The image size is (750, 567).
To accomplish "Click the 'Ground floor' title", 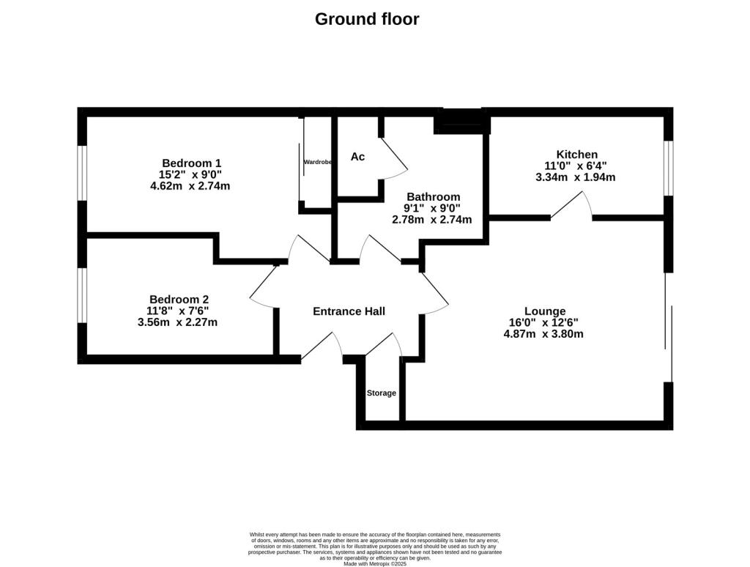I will click(x=367, y=19).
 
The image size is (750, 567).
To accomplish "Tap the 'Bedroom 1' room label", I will click(x=191, y=163).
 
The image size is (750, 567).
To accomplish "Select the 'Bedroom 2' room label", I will click(x=179, y=299).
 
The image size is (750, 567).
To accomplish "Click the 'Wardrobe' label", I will click(x=318, y=162).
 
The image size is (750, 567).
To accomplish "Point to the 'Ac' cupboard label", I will click(x=357, y=157).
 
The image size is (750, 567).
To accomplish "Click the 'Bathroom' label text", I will click(x=433, y=196).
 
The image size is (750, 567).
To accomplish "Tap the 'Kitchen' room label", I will click(x=576, y=154).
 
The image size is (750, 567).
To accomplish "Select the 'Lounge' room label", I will click(x=544, y=311).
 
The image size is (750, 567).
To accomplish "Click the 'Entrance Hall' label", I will click(x=349, y=311).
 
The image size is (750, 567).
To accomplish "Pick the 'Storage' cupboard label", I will click(x=381, y=393).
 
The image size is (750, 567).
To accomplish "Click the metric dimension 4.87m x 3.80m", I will click(x=543, y=334).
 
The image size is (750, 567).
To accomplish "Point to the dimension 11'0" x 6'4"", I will click(x=576, y=166).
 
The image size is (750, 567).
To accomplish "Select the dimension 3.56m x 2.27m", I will click(x=177, y=322).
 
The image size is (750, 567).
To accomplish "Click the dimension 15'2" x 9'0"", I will click(x=190, y=174).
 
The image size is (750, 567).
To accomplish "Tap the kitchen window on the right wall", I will click(x=667, y=168).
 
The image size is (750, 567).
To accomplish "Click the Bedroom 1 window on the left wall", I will click(x=83, y=173).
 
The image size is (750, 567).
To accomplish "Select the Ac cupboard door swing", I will click(x=393, y=159).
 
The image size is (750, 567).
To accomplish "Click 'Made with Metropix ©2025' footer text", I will click(x=375, y=563).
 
